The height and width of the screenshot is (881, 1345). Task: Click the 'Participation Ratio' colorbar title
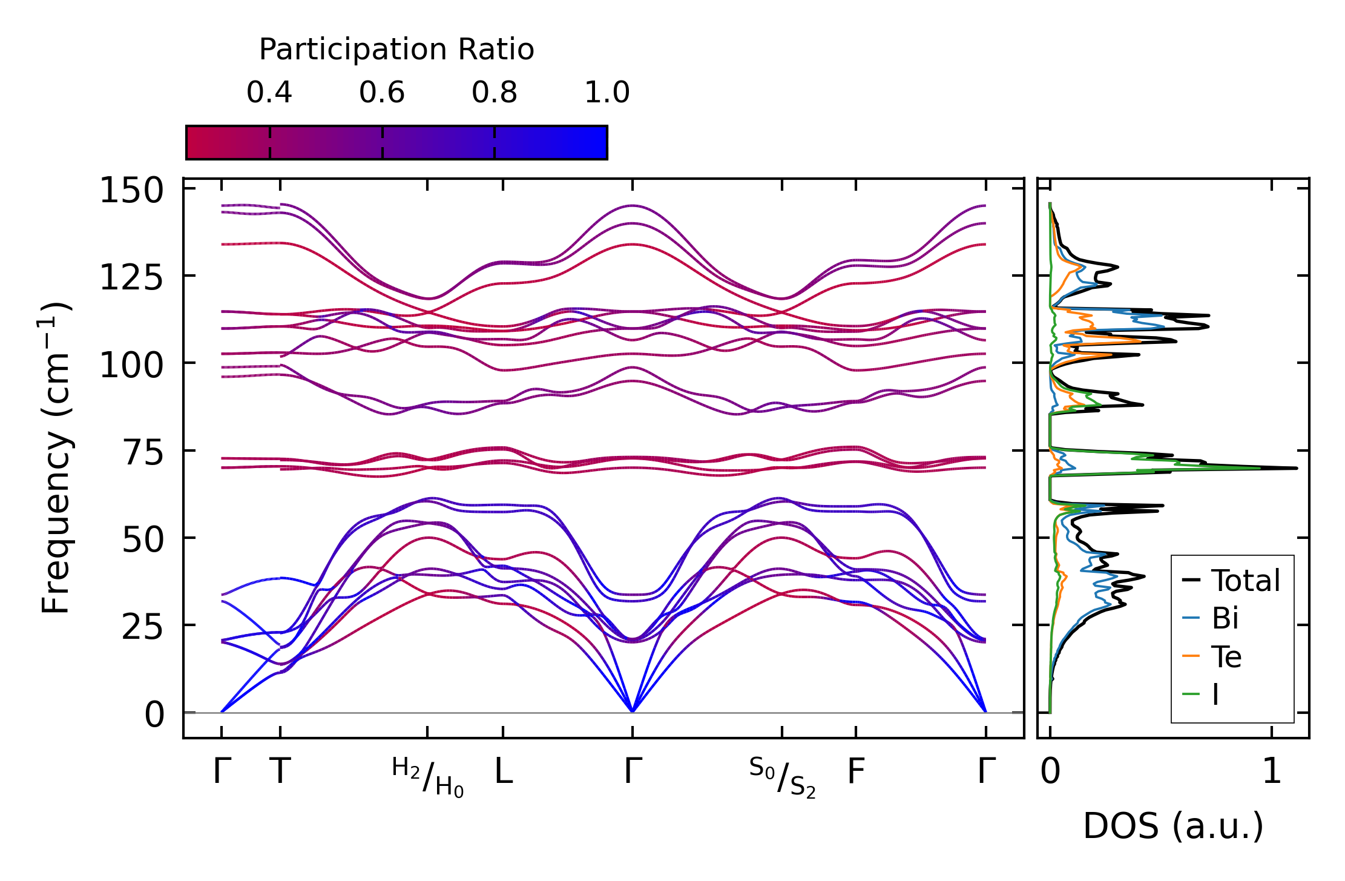pyautogui.click(x=396, y=50)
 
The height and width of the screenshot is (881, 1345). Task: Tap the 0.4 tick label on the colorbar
pyautogui.click(x=269, y=93)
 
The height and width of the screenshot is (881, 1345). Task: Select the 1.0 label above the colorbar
pyautogui.click(x=607, y=93)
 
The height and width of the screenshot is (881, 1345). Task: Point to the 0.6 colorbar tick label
pyautogui.click(x=382, y=93)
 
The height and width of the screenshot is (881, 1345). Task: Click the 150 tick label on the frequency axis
pyautogui.click(x=131, y=191)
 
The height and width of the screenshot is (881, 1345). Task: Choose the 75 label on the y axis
pyautogui.click(x=143, y=453)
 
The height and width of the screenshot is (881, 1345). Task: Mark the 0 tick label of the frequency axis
pyautogui.click(x=154, y=715)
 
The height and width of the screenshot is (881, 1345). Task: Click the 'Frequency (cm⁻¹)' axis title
pyautogui.click(x=56, y=458)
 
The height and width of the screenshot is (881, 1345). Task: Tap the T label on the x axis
pyautogui.click(x=280, y=771)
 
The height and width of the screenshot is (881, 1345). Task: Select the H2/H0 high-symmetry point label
pyautogui.click(x=428, y=777)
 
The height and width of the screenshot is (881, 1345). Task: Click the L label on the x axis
pyautogui.click(x=504, y=771)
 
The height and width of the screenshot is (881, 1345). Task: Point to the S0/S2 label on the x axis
pyautogui.click(x=782, y=777)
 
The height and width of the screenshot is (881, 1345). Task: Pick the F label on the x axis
pyautogui.click(x=855, y=771)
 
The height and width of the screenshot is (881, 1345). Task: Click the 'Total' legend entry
pyautogui.click(x=1245, y=581)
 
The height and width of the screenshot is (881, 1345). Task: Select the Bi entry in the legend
pyautogui.click(x=1225, y=618)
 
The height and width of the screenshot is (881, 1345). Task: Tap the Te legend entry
pyautogui.click(x=1226, y=657)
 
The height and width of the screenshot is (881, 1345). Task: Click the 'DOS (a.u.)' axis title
pyautogui.click(x=1173, y=826)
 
